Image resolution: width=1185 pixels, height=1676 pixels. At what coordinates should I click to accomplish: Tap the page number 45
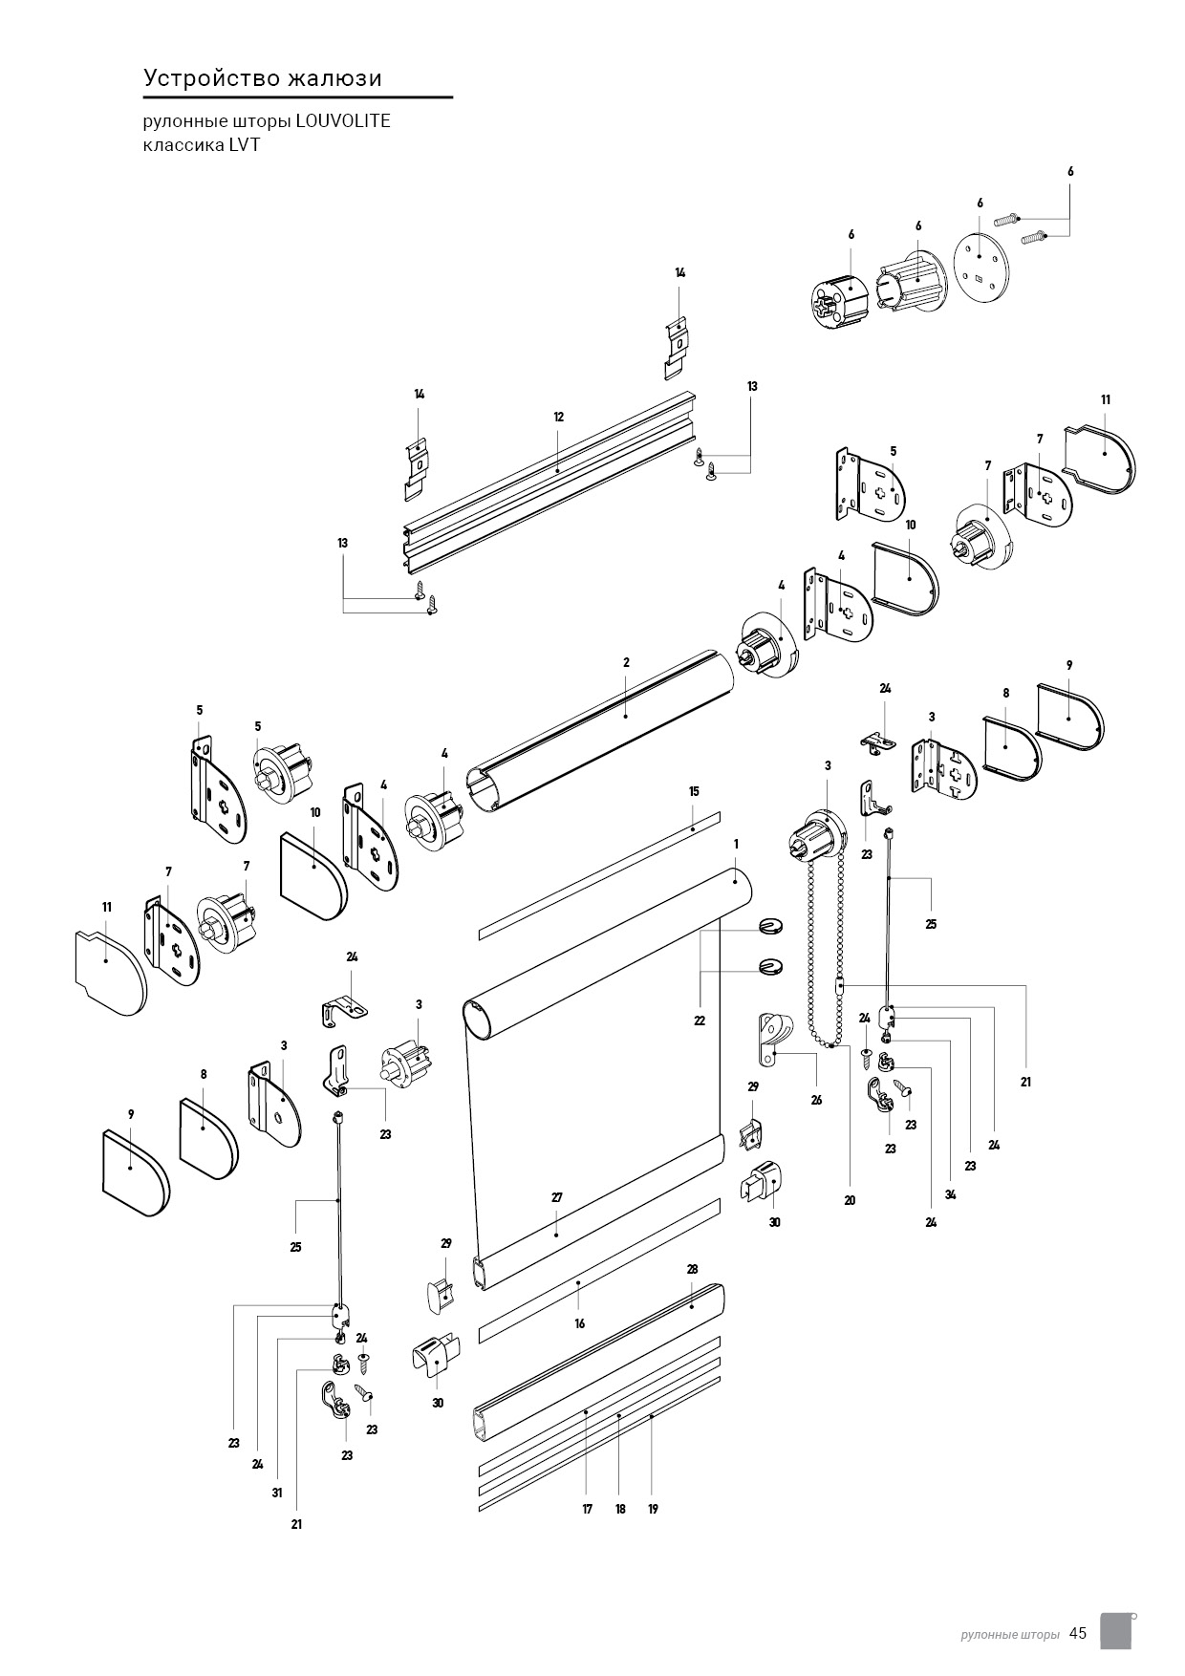[1078, 1633]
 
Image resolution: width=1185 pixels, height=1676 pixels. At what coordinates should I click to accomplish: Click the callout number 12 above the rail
[558, 417]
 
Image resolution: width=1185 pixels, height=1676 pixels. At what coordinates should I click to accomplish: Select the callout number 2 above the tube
[626, 662]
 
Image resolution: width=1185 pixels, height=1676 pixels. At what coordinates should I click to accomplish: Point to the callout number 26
[816, 1100]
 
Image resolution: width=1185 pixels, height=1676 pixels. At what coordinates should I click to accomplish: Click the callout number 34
[950, 1194]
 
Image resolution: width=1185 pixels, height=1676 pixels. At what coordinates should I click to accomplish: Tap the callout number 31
[277, 1493]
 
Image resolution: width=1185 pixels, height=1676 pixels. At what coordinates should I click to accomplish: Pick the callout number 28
[692, 1270]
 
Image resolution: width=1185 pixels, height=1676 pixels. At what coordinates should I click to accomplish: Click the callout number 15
[694, 791]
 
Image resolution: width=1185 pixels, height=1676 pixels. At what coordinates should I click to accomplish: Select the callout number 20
[850, 1200]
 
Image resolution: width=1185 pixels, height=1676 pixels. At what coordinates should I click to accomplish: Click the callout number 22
[700, 1021]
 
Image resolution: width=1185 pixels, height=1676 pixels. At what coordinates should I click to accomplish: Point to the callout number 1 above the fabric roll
[736, 844]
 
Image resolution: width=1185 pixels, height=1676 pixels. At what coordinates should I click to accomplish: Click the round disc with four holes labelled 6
[980, 263]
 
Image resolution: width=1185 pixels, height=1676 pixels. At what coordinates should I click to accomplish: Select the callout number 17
[587, 1509]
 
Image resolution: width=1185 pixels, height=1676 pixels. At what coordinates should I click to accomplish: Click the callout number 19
[653, 1509]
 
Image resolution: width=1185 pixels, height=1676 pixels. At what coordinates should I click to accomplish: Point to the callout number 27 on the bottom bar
[557, 1197]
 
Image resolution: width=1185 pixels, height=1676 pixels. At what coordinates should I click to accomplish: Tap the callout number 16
[579, 1323]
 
